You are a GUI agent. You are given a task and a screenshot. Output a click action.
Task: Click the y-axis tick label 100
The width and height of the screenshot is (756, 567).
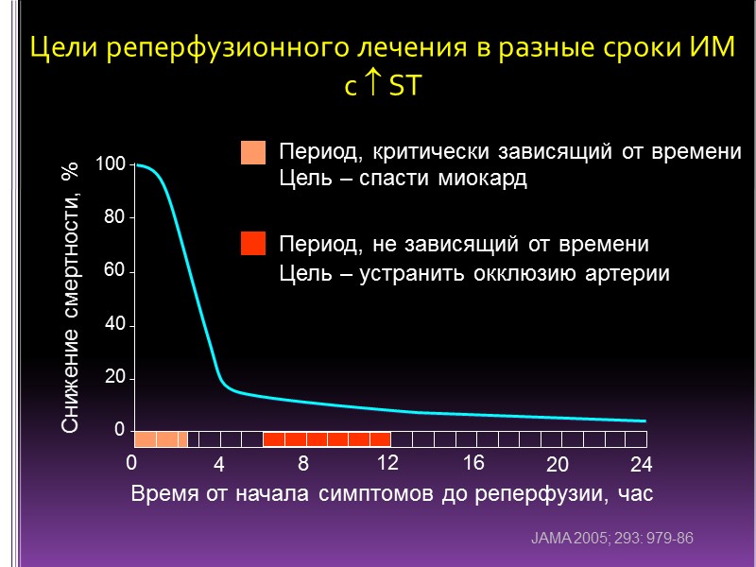pos(111,165)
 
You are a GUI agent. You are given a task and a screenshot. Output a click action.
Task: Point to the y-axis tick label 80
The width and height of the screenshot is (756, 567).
pos(114,216)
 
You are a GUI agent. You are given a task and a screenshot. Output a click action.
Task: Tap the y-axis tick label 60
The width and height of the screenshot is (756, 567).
pos(114,271)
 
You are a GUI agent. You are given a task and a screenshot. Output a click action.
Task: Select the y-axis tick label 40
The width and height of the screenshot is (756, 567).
pos(114,325)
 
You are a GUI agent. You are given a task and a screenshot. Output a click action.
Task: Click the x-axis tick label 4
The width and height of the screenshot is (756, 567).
pos(218,465)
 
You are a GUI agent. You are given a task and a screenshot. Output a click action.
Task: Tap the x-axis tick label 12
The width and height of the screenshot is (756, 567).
pos(388,463)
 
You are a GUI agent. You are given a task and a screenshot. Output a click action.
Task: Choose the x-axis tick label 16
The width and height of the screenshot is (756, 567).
pos(473,463)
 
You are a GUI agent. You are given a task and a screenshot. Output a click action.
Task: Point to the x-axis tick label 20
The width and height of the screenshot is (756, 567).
pos(558,465)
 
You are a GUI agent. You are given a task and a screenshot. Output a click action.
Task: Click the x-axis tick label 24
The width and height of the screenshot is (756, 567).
pos(642,465)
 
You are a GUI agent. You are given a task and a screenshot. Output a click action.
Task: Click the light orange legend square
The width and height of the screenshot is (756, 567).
pos(253,153)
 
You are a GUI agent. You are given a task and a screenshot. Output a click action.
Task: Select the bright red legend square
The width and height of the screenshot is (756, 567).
pos(253,244)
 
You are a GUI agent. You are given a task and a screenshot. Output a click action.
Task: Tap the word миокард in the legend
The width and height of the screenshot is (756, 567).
pos(481,179)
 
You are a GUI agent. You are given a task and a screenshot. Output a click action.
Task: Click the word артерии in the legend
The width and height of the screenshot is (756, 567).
pos(624,275)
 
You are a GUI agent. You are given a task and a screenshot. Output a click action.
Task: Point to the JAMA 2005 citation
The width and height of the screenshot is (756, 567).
pos(613,539)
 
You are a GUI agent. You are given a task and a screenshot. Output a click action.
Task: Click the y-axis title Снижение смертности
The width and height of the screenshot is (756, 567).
pos(72,296)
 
